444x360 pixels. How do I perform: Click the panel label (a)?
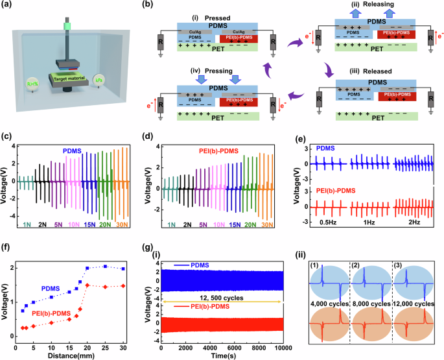coord(7,6)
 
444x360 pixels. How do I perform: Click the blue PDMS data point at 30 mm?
coord(123,269)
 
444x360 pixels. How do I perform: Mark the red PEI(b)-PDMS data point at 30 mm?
coord(123,285)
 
